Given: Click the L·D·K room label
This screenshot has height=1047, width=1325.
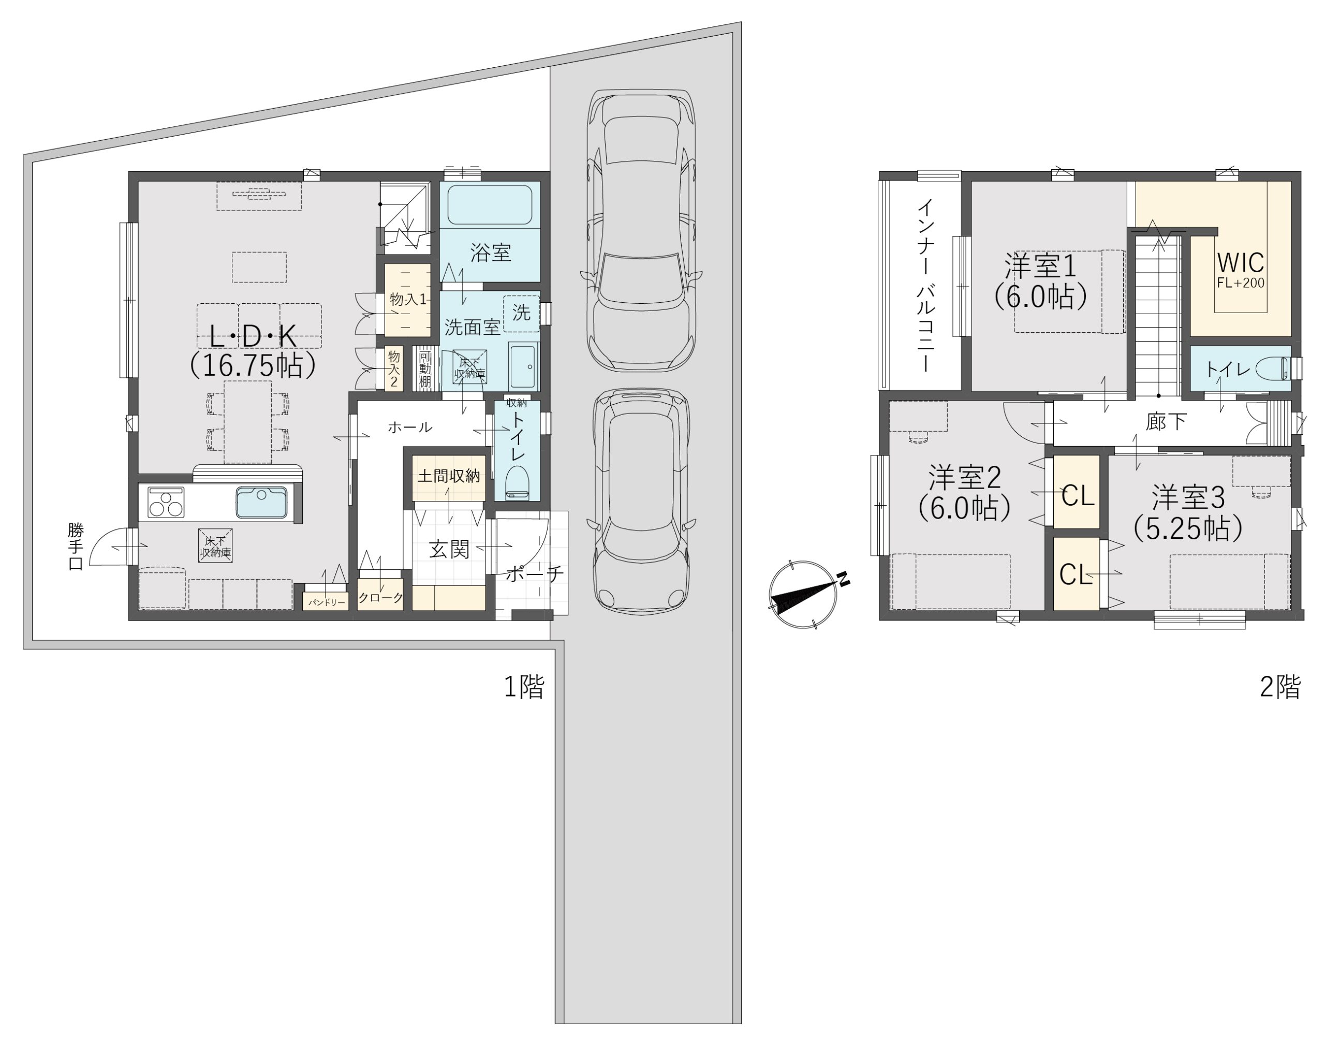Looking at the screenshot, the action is [x=253, y=336].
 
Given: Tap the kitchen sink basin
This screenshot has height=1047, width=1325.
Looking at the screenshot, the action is [x=262, y=502].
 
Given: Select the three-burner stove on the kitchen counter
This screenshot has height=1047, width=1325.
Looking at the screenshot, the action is [x=166, y=502].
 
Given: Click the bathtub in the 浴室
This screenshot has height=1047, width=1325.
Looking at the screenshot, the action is [x=490, y=205].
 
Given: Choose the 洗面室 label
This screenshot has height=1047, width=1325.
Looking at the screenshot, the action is [x=473, y=327].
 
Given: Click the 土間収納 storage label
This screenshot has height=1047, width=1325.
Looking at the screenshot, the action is [x=449, y=476].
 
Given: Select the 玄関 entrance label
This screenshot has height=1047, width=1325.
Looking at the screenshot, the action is [x=449, y=549].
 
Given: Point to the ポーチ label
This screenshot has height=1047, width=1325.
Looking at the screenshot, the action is [x=535, y=574].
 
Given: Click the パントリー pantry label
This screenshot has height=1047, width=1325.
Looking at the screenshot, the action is [x=327, y=602].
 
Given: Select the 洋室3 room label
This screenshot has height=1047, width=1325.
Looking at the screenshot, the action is [x=1188, y=497].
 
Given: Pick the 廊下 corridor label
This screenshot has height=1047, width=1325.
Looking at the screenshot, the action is [x=1166, y=422].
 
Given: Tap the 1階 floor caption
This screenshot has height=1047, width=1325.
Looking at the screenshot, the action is [x=524, y=687].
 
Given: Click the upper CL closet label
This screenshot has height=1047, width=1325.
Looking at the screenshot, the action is [x=1078, y=495].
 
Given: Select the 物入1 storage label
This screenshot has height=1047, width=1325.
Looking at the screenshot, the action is [x=407, y=299].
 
